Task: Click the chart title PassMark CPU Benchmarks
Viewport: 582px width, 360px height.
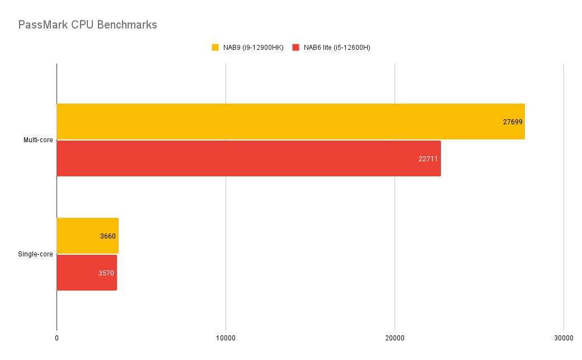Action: coord(87,25)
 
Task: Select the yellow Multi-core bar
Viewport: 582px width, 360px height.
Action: coord(280,121)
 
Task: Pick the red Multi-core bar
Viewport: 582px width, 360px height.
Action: coord(246,158)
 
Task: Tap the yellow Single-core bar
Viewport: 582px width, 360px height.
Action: coord(78,236)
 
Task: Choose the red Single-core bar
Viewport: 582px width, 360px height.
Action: coord(78,273)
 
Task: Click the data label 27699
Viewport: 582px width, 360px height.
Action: coord(513,121)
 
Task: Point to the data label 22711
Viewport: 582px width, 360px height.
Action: coord(428,158)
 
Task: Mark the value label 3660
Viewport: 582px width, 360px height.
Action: coord(108,236)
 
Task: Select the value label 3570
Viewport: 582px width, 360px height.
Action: coord(106,273)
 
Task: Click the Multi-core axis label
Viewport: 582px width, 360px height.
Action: coord(38,140)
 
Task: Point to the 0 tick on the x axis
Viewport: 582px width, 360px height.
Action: coord(57,338)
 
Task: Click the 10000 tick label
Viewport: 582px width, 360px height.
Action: coord(226,338)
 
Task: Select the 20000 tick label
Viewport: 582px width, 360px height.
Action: coord(395,338)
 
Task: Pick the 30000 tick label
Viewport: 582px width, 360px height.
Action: coord(564,338)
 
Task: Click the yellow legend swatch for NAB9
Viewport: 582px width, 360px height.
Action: coord(215,48)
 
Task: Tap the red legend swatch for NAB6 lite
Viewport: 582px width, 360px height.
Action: coord(295,48)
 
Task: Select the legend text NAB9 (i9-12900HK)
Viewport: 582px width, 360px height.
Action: coord(253,48)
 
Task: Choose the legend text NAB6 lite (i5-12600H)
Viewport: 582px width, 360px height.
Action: coord(337,48)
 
